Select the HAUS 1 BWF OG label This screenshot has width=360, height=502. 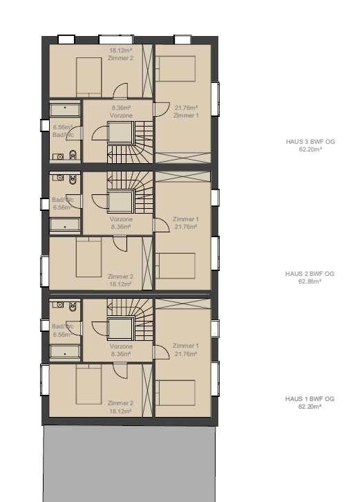(310, 399)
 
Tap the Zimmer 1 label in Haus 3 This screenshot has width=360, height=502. (187, 115)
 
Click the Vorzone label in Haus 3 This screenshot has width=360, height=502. (122, 115)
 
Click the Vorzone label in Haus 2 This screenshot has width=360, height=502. (121, 219)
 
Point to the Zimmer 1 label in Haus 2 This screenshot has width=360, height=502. (186, 219)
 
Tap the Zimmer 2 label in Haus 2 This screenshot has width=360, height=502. (120, 276)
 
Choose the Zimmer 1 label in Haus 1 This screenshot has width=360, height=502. (186, 345)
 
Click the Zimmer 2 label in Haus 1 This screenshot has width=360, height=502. (120, 402)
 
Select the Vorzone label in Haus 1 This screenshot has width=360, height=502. (121, 345)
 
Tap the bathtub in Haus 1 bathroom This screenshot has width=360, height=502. (65, 352)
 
